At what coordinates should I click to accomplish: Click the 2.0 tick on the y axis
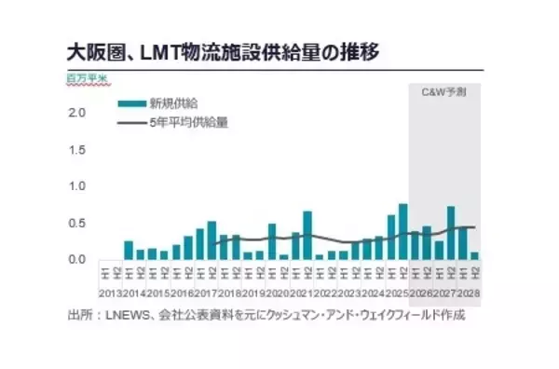78,113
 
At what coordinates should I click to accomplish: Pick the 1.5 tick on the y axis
78,149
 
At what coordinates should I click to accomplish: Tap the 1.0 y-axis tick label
78,185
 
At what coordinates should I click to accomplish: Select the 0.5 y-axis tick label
78,222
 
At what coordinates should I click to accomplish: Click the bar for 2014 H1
129,250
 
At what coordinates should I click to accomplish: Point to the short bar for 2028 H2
475,255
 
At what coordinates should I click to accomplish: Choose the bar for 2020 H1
271,241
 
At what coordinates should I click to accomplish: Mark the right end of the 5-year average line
475,227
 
